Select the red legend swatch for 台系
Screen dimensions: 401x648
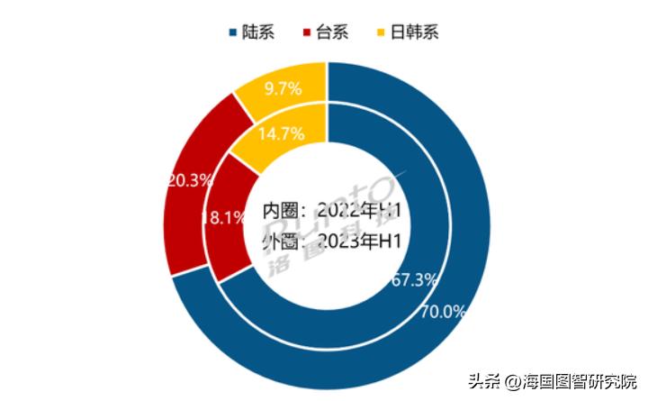click(310, 33)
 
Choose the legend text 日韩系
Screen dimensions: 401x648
click(418, 33)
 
